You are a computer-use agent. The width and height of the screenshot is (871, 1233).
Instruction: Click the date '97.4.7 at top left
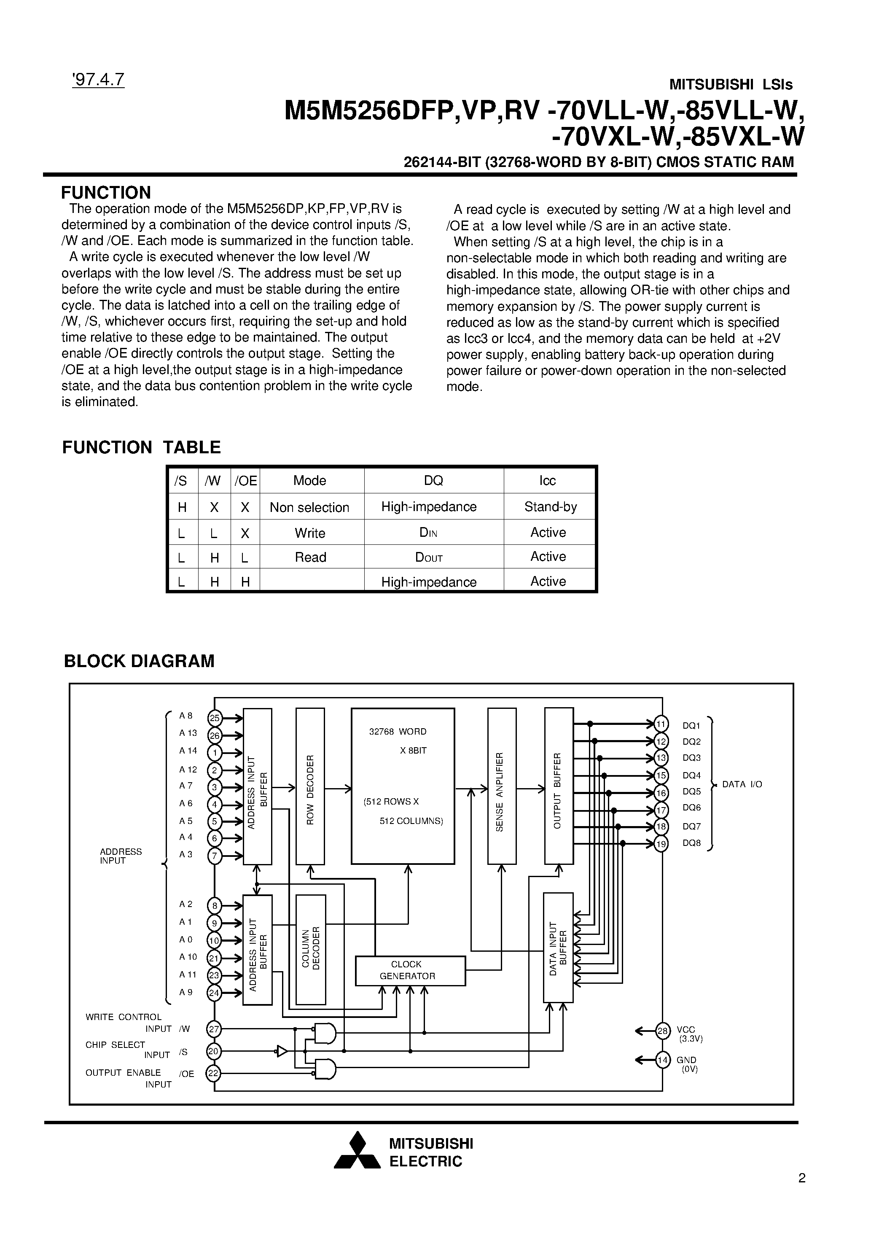click(x=98, y=79)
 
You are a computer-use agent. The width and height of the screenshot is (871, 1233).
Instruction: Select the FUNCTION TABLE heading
click(x=141, y=447)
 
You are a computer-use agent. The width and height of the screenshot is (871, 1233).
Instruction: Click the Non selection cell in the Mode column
click(x=309, y=507)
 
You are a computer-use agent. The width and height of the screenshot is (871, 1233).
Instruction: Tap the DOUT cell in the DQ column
click(x=428, y=557)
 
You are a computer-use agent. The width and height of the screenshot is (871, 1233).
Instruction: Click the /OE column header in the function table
click(x=245, y=481)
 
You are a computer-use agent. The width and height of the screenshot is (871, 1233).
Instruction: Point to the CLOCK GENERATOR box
click(x=410, y=970)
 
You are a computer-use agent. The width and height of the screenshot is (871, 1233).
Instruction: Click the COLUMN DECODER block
click(x=311, y=949)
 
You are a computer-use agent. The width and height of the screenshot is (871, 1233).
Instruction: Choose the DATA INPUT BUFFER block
click(x=558, y=948)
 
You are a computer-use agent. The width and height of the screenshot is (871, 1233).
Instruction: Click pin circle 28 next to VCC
click(x=663, y=1031)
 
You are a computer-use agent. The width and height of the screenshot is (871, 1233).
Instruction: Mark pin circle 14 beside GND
click(x=663, y=1060)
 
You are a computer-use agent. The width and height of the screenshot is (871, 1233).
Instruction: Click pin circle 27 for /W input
click(x=214, y=1029)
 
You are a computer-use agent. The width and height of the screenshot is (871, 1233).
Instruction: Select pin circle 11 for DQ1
click(x=661, y=724)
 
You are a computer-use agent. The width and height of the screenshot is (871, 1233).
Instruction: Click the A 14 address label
click(x=188, y=751)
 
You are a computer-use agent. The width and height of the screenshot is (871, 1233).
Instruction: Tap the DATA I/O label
click(x=742, y=784)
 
